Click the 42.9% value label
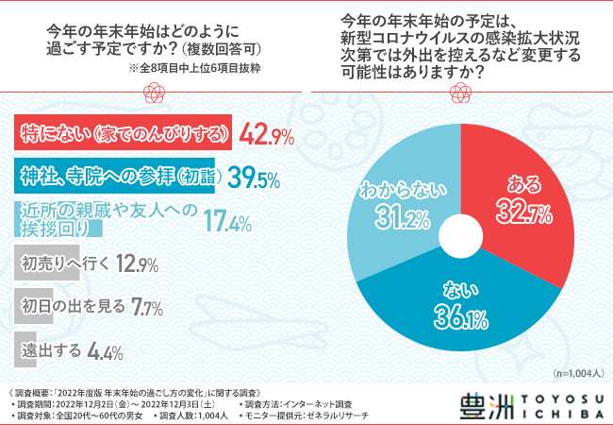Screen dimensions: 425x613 point(269,135)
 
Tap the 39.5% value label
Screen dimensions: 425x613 point(252,177)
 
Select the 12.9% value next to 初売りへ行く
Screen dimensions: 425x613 point(137,265)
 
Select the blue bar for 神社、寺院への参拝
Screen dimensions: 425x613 point(113,177)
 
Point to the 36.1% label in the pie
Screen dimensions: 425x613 point(459,307)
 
